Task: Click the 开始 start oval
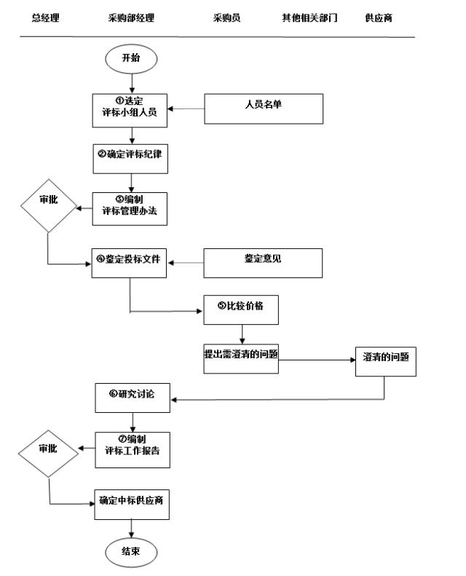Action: tap(131, 58)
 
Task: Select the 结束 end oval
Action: tap(131, 552)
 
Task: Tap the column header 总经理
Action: tap(45, 17)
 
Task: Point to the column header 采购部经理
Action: tap(131, 17)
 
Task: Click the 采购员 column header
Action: tap(226, 17)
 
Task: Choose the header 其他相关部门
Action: tap(309, 17)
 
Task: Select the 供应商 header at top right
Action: tap(379, 17)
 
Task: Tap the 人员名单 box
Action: tap(263, 109)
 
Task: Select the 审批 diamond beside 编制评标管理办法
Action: tap(48, 202)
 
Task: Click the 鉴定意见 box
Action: tap(263, 263)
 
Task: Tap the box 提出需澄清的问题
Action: tap(241, 358)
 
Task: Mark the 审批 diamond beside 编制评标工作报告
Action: tap(47, 450)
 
